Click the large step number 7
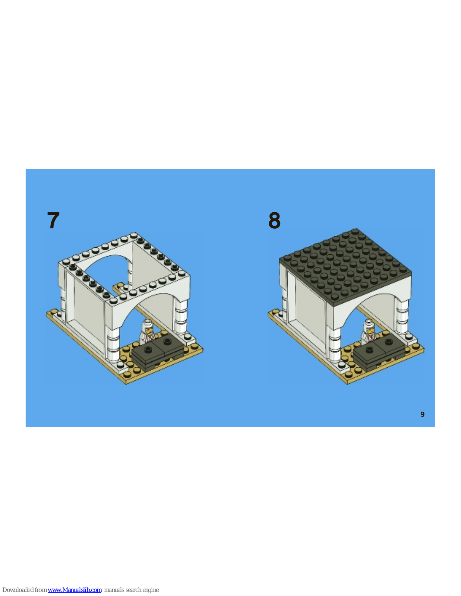point(53,220)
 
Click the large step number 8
point(274,220)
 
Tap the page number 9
point(422,415)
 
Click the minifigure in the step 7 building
point(147,332)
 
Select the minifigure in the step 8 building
point(368,332)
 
